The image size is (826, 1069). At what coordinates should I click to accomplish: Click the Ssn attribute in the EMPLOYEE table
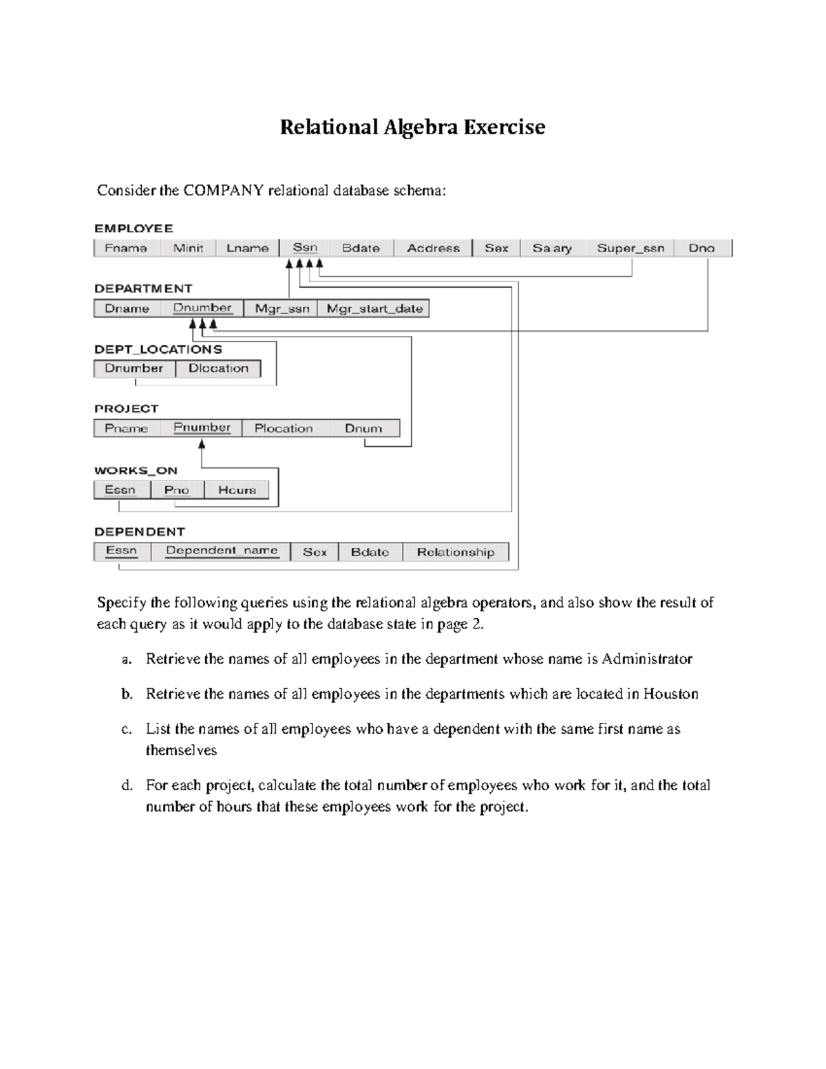point(305,248)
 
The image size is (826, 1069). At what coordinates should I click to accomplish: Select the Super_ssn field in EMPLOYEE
point(630,248)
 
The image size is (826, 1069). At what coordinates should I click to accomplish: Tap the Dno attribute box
point(701,248)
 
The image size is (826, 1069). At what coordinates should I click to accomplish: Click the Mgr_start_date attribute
point(374,308)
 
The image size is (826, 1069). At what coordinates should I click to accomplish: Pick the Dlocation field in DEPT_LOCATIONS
point(218,368)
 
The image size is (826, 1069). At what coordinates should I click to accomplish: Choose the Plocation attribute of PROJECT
point(284,428)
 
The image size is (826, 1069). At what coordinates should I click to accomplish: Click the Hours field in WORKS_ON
point(237,489)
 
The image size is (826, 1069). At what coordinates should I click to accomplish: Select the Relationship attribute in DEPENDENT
point(455,552)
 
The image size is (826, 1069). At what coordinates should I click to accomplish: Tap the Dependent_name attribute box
point(222,551)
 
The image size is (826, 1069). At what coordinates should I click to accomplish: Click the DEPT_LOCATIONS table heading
point(158,349)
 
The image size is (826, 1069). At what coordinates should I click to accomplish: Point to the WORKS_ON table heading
point(136,471)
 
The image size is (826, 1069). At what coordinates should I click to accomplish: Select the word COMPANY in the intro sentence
point(223,191)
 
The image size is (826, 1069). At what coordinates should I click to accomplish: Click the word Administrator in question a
point(646,659)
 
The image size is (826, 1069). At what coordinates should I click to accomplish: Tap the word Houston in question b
point(670,694)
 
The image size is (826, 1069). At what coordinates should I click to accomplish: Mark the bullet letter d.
point(127,785)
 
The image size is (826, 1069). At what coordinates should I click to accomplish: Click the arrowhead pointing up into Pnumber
point(202,445)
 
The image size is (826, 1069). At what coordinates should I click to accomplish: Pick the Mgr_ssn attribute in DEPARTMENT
point(282,308)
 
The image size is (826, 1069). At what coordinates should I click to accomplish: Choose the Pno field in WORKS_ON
point(176,489)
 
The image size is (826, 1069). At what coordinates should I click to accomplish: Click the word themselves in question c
point(181,750)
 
